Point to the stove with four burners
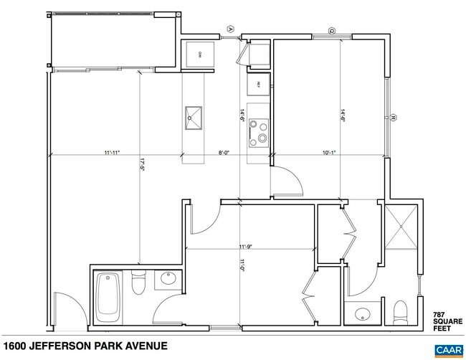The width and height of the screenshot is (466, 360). [x=259, y=134]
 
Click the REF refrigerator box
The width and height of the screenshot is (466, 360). [x=259, y=84]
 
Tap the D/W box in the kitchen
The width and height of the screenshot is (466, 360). [x=191, y=55]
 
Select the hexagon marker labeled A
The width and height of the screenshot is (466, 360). [x=231, y=28]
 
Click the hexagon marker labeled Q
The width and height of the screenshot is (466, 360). [x=332, y=30]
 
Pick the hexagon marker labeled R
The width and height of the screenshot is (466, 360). [x=394, y=118]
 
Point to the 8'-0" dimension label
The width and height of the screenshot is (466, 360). [x=224, y=152]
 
